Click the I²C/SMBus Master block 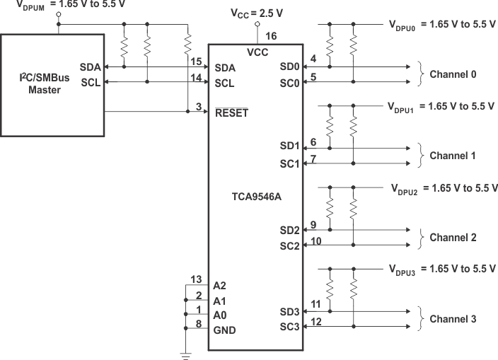click(53, 83)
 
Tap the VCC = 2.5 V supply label click(257, 14)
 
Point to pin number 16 click(270, 36)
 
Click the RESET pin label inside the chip click(231, 113)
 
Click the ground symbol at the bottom click(186, 354)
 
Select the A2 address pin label click(221, 286)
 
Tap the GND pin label click(224, 330)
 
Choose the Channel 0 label click(453, 74)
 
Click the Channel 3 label click(453, 318)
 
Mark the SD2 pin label click(290, 231)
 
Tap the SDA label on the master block click(91, 66)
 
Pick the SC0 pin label click(290, 82)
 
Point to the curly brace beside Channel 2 click(422, 237)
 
